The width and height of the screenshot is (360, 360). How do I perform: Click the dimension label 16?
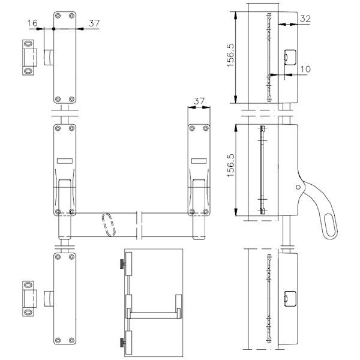click(32, 23)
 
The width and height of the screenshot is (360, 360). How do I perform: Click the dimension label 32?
click(305, 19)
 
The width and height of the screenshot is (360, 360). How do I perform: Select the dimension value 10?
click(305, 69)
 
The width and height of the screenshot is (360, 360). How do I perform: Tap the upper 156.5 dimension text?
click(231, 55)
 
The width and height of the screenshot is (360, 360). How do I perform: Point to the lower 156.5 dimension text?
click(231, 166)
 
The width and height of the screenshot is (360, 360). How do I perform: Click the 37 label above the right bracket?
click(199, 101)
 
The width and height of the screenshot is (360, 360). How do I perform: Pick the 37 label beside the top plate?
click(94, 23)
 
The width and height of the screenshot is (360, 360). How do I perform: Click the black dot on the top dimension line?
click(54, 29)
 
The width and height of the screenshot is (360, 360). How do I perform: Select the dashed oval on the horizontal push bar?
click(109, 224)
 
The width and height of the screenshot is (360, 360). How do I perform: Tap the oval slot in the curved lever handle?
click(331, 225)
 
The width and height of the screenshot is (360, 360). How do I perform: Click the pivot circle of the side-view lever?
click(298, 187)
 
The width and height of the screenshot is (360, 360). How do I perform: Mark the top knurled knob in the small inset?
click(122, 264)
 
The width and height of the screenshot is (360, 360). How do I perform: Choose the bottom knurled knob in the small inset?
click(122, 342)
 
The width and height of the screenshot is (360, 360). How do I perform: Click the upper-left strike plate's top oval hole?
click(28, 44)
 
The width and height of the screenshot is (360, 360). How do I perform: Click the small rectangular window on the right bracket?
click(199, 161)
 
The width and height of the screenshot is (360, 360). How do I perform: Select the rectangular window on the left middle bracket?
click(65, 161)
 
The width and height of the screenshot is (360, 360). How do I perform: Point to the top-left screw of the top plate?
click(58, 16)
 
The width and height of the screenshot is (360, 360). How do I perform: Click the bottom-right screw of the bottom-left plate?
click(71, 340)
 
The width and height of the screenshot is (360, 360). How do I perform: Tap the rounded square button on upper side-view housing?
click(290, 58)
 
